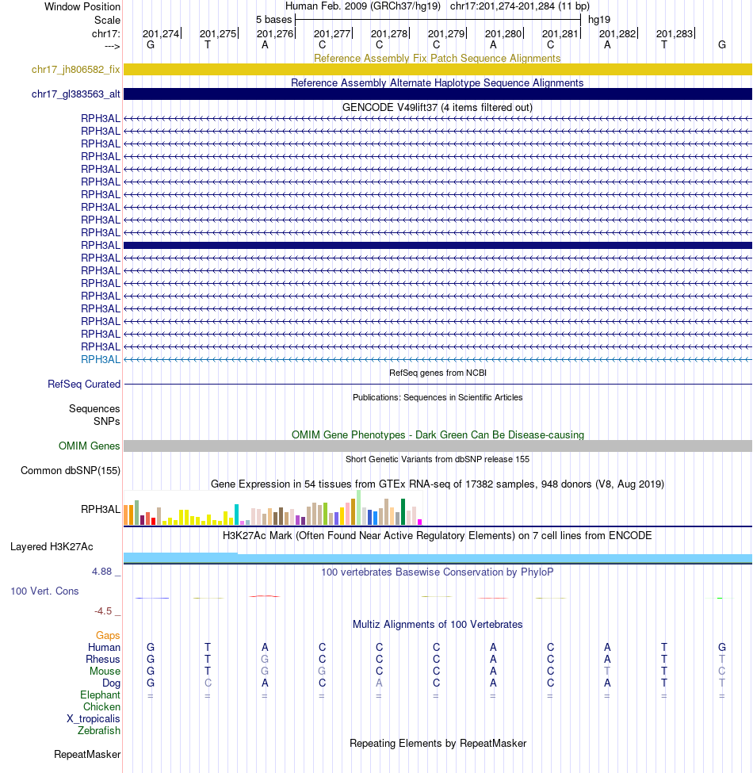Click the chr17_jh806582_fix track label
point(76,70)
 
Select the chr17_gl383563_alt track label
point(76,94)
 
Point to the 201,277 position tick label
point(332,34)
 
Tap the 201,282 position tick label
point(617,34)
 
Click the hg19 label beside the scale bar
point(599,19)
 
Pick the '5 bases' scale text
point(273,19)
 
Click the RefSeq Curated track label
point(84,385)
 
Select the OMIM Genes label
point(90,446)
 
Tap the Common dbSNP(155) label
point(71,471)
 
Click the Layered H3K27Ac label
point(52,547)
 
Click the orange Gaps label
point(108,636)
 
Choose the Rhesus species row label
point(103,660)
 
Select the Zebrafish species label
point(99,731)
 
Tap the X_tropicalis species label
point(94,719)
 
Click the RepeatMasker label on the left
point(87,755)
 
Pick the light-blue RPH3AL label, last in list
point(101,359)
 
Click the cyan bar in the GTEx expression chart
point(237,514)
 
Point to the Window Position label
point(82,6)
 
